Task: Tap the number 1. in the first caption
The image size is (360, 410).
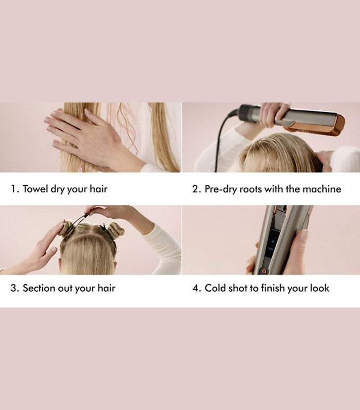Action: [x=15, y=189]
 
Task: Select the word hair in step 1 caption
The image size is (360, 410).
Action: [x=98, y=189]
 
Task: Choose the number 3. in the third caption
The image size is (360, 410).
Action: [x=15, y=288]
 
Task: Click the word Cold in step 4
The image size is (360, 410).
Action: [x=216, y=288]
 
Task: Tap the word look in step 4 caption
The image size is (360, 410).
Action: [x=319, y=288]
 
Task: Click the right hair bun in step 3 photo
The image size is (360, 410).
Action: [x=115, y=230]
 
